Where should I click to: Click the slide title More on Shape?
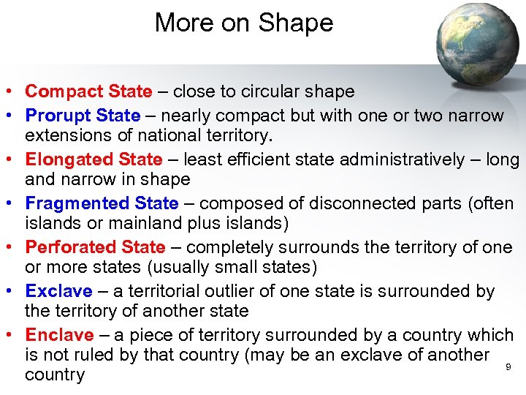pyautogui.click(x=244, y=23)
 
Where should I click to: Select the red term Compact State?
pyautogui.click(x=88, y=91)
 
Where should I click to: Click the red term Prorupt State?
pyautogui.click(x=83, y=116)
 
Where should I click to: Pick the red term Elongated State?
pyautogui.click(x=94, y=159)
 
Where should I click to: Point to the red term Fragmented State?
pyautogui.click(x=102, y=203)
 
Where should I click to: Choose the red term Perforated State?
pyautogui.click(x=95, y=247)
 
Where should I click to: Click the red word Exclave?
pyautogui.click(x=58, y=291)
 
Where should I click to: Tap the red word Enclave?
pyautogui.click(x=59, y=335)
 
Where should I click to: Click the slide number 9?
pyautogui.click(x=508, y=366)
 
